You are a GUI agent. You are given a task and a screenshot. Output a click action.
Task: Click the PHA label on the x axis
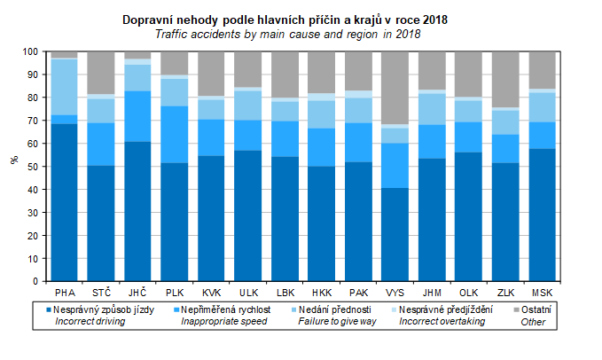click(65, 292)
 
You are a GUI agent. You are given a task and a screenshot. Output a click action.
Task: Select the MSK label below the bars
click(543, 292)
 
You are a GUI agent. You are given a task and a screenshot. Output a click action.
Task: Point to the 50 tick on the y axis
click(34, 167)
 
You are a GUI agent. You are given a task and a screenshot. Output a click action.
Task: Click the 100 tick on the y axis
click(31, 51)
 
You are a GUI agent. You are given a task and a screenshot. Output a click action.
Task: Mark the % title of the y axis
click(14, 160)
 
